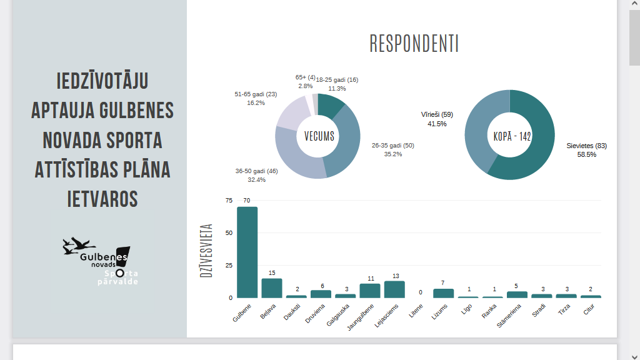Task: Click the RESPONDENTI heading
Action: point(414,44)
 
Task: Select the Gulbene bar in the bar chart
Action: point(247,252)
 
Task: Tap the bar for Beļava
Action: point(272,288)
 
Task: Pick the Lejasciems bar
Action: point(394,289)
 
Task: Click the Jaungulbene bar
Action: point(370,291)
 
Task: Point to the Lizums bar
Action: point(443,293)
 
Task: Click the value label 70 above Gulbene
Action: point(247,201)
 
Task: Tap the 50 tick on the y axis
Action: point(229,233)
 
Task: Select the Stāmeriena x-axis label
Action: point(509,316)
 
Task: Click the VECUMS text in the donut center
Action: point(319,136)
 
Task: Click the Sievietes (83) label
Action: point(586,146)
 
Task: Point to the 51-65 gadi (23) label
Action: point(256,94)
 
